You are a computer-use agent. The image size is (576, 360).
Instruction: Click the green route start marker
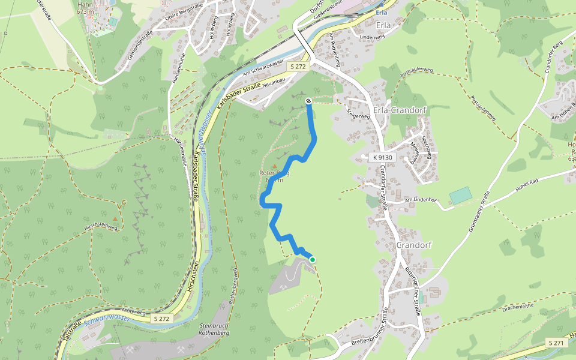click(312, 259)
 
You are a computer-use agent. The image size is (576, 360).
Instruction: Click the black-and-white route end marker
click(308, 101)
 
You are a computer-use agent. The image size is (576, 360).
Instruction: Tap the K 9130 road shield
click(382, 157)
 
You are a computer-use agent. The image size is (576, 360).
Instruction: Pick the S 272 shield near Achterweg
click(163, 319)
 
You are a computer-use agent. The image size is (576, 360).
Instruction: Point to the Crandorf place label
click(415, 245)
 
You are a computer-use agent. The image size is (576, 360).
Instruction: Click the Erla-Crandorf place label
click(400, 110)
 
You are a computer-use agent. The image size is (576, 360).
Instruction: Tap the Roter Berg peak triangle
click(275, 166)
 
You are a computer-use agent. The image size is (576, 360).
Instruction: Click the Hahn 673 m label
click(85, 8)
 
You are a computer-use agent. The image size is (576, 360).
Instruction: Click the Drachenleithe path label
click(518, 307)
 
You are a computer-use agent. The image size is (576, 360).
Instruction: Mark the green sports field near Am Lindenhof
click(460, 196)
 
